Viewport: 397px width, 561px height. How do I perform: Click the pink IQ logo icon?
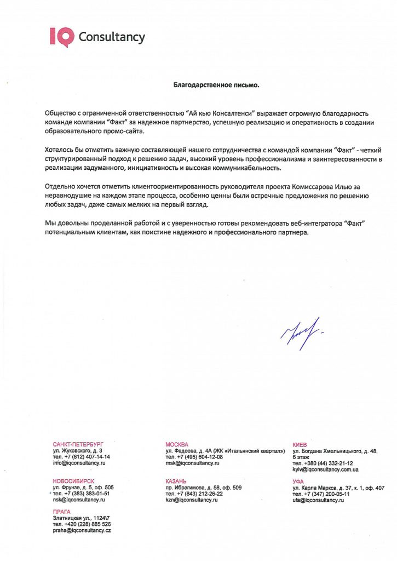62,37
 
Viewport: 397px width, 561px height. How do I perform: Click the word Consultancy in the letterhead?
112,37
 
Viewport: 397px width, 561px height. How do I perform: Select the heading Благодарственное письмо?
216,85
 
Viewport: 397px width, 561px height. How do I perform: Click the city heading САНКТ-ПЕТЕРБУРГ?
78,444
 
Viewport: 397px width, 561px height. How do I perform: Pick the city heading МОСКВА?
177,444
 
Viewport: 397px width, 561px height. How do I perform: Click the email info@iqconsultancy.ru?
79,463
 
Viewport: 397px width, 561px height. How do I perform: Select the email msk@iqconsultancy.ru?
192,463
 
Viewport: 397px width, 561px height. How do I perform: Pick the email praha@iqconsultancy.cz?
82,531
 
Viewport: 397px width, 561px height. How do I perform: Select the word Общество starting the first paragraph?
62,111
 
